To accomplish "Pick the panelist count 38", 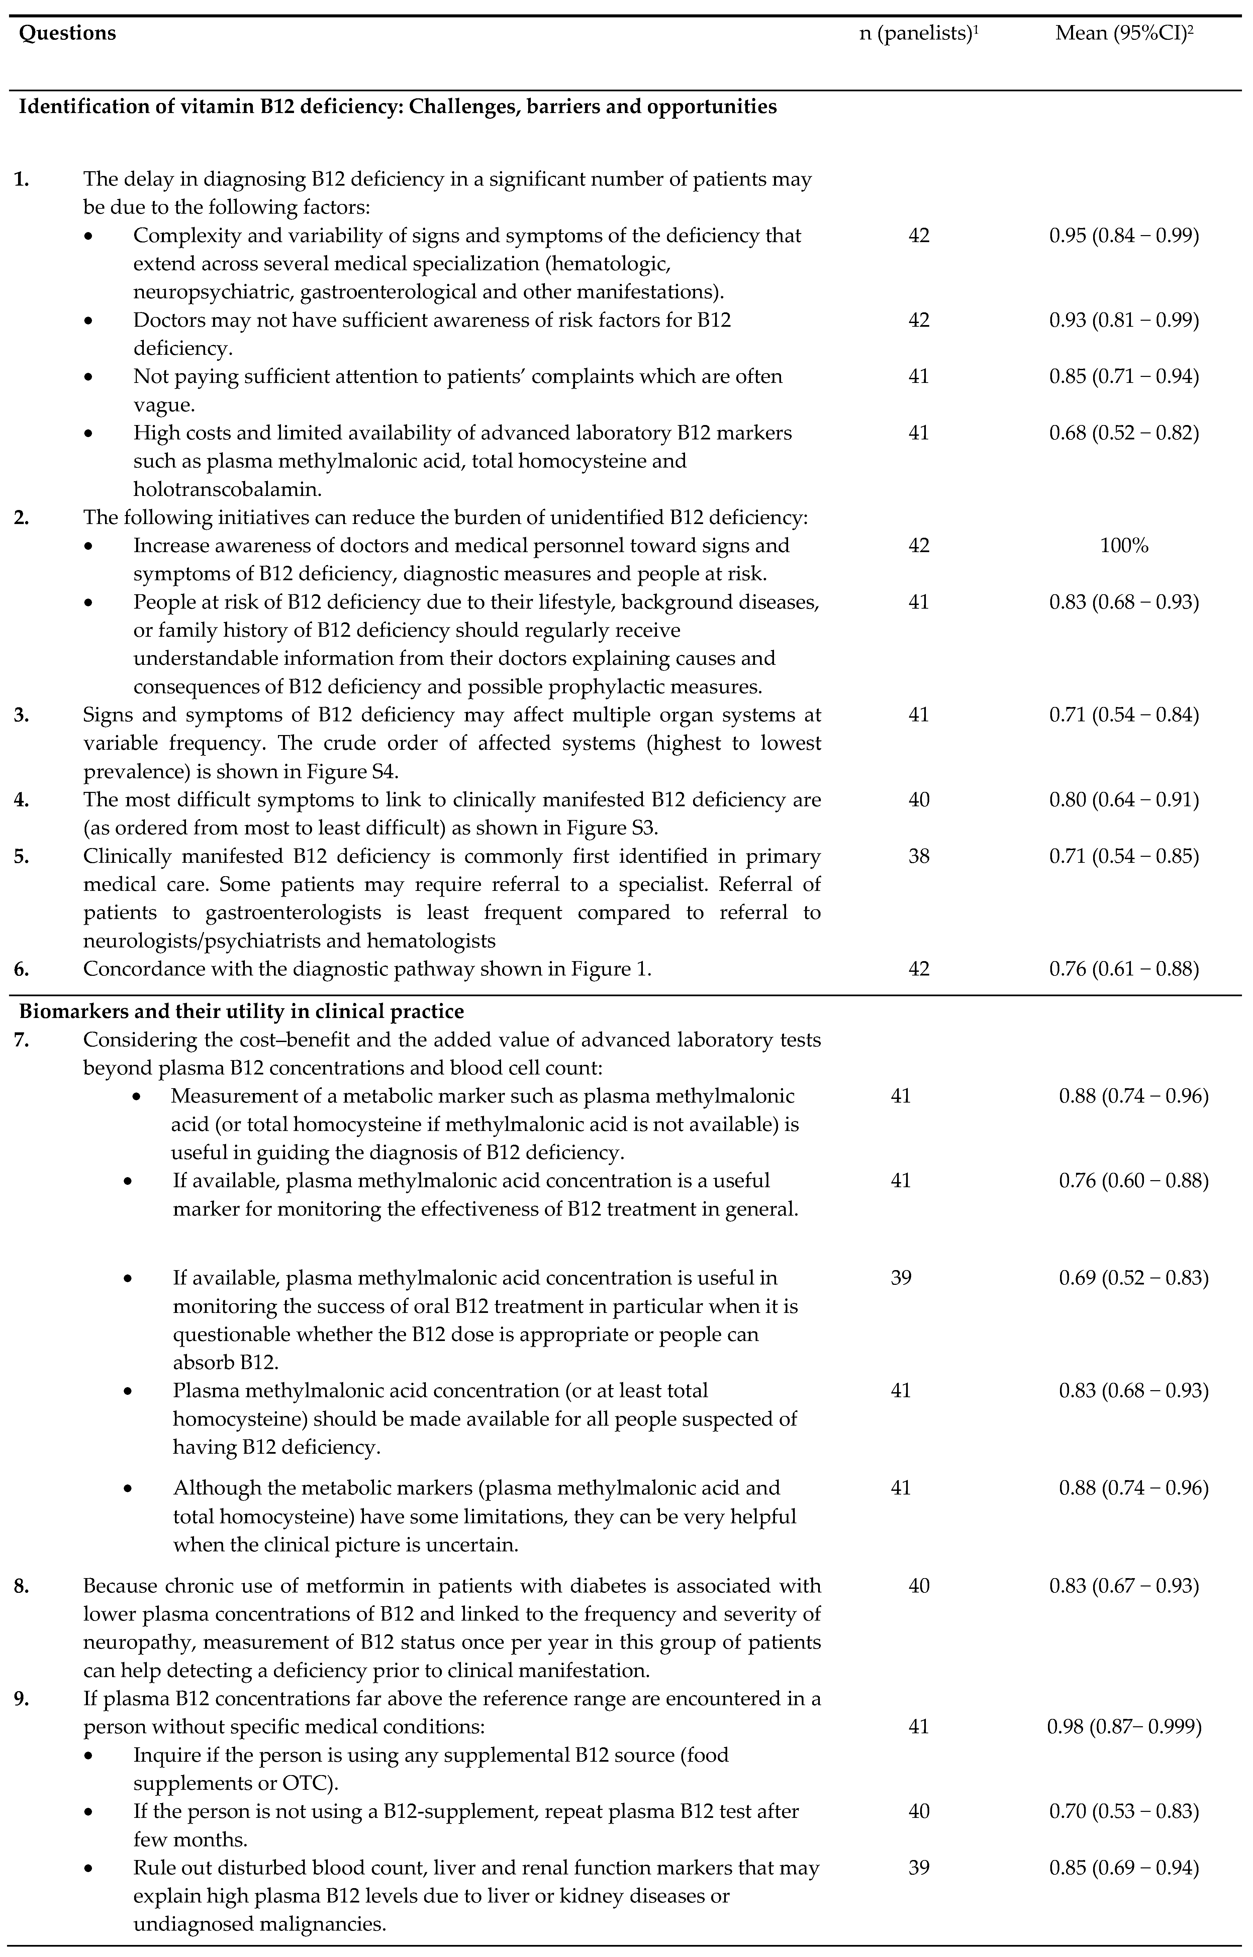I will (919, 856).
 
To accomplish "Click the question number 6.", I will (22, 969).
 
